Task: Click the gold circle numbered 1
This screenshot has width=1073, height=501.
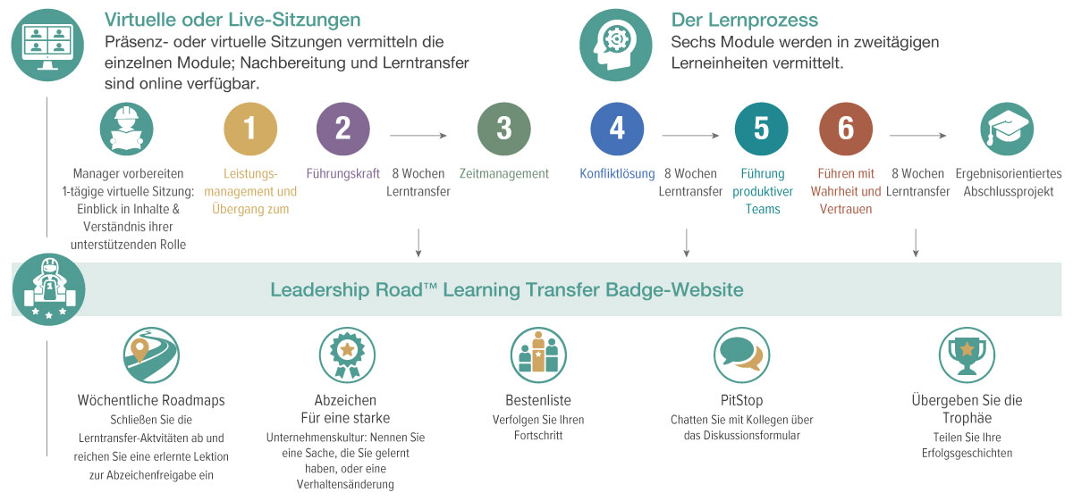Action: pyautogui.click(x=249, y=129)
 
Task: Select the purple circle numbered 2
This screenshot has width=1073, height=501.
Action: pyautogui.click(x=343, y=129)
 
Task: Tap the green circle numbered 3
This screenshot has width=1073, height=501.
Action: pyautogui.click(x=503, y=129)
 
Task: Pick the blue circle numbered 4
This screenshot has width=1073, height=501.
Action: pyautogui.click(x=617, y=129)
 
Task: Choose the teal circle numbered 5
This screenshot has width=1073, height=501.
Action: pyautogui.click(x=761, y=129)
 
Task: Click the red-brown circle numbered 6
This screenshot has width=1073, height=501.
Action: pyautogui.click(x=846, y=129)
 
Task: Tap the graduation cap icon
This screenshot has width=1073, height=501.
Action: pyautogui.click(x=1006, y=129)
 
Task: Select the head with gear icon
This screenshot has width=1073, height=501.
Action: pyautogui.click(x=615, y=45)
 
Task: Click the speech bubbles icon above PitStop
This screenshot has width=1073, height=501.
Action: pyautogui.click(x=741, y=354)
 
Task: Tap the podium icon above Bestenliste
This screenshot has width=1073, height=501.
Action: pyautogui.click(x=537, y=354)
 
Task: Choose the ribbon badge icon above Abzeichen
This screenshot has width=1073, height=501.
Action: pyautogui.click(x=345, y=354)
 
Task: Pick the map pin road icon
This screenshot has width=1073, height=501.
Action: pyautogui.click(x=151, y=354)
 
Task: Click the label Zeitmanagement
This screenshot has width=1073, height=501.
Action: pyautogui.click(x=503, y=174)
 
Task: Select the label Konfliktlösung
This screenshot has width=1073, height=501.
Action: pyautogui.click(x=617, y=174)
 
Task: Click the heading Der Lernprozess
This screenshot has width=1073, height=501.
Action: pyautogui.click(x=744, y=21)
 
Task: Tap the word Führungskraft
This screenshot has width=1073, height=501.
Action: pyautogui.click(x=343, y=174)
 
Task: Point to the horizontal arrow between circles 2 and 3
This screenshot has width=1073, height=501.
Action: pyautogui.click(x=418, y=136)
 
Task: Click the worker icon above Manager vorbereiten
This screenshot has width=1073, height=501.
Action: pyautogui.click(x=126, y=129)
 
